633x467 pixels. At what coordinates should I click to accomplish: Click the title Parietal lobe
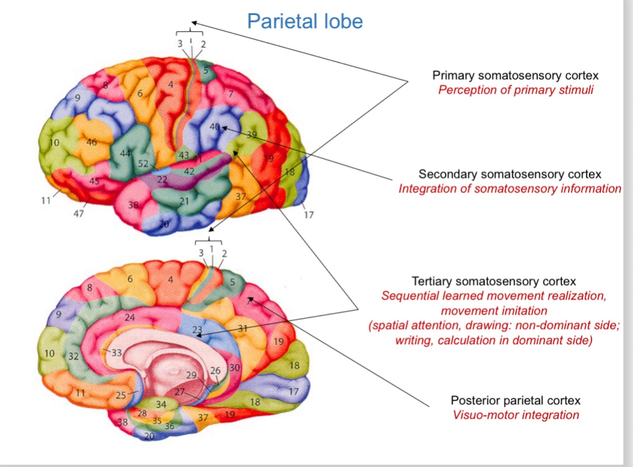click(x=305, y=21)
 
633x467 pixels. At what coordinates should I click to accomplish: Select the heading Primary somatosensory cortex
click(x=515, y=75)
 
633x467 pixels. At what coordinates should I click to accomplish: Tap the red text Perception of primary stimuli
click(x=515, y=90)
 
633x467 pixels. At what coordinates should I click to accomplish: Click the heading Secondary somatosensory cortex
click(x=510, y=174)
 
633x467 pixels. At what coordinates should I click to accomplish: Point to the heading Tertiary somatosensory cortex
click(x=493, y=281)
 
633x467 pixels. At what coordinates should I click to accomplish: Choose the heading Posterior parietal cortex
click(x=515, y=401)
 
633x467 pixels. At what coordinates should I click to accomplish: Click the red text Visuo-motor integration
click(x=516, y=415)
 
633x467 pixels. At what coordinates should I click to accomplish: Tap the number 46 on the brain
click(x=92, y=142)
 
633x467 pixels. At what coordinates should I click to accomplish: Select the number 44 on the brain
click(x=125, y=153)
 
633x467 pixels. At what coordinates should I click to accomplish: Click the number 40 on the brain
click(x=214, y=127)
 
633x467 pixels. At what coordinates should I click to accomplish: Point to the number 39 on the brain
click(x=251, y=134)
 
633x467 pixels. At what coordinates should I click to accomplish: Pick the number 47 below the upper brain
click(x=78, y=214)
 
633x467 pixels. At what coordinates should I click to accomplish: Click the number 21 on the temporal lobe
click(x=184, y=201)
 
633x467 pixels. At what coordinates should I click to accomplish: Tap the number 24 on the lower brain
click(x=130, y=317)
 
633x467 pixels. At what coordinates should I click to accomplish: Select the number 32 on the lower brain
click(x=73, y=356)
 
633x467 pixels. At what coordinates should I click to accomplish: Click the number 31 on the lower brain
click(x=242, y=328)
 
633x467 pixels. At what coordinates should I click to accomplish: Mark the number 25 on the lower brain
click(x=121, y=395)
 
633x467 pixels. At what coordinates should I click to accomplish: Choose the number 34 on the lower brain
click(x=161, y=404)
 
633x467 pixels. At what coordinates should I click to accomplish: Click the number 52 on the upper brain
click(x=143, y=164)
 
